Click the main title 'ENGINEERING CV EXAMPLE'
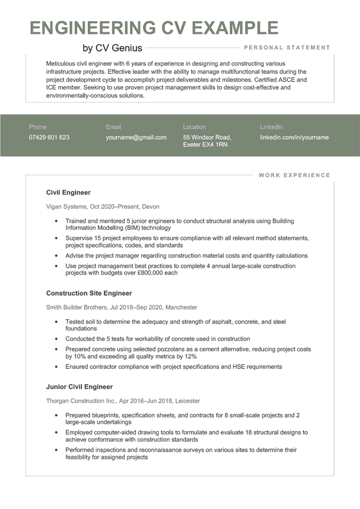[154, 28]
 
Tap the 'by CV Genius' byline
[112, 48]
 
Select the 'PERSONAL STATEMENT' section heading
[287, 48]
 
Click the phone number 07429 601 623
[49, 138]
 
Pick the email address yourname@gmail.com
[136, 138]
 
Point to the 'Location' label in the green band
[194, 127]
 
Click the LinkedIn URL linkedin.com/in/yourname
[294, 138]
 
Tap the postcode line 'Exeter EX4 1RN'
[205, 144]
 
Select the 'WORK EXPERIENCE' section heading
[294, 175]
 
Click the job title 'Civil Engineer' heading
[68, 193]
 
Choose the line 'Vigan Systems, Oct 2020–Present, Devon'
[103, 207]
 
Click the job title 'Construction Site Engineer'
[89, 293]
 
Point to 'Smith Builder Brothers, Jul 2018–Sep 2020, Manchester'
[122, 307]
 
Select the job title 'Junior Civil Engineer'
[79, 387]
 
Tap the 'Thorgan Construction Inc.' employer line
[123, 401]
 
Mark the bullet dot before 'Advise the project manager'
[56, 256]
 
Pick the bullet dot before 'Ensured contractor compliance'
[56, 367]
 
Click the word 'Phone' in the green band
[38, 127]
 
